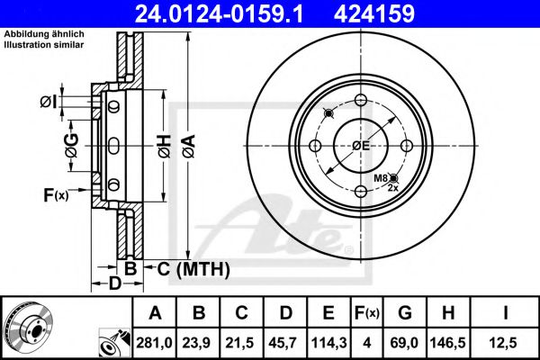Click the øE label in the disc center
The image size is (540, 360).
tap(361, 145)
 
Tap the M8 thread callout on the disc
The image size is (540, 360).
tap(382, 179)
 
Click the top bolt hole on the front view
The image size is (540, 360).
tap(360, 100)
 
